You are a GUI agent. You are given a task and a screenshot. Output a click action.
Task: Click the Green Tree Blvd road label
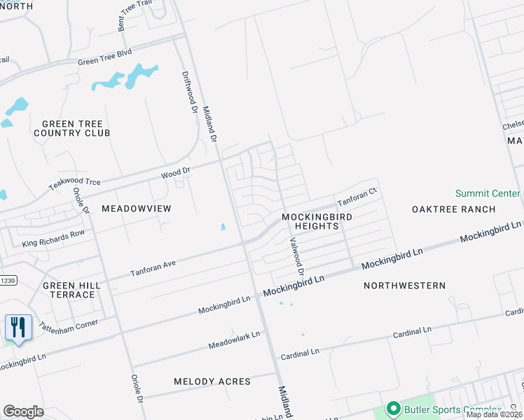[x=104, y=58]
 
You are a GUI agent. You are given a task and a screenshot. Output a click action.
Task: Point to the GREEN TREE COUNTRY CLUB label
[x=71, y=128]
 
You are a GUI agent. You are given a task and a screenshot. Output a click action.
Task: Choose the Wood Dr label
[x=176, y=171]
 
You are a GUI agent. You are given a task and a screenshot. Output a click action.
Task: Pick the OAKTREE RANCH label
[x=453, y=209]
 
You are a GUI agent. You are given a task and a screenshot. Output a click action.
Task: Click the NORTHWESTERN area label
[x=405, y=286]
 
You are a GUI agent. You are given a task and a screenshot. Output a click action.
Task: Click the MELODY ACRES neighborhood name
[x=212, y=381]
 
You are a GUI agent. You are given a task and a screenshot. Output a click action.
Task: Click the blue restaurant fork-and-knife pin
[x=18, y=328]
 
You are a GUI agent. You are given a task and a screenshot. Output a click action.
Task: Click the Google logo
[x=23, y=411]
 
